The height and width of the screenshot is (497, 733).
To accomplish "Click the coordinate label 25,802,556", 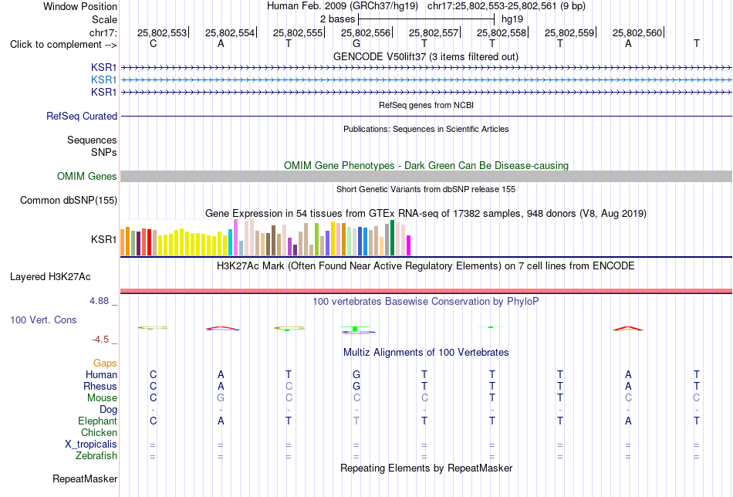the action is (x=365, y=32).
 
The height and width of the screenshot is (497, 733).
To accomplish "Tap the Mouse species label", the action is (x=102, y=398).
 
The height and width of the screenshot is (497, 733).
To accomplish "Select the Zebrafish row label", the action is (x=96, y=456).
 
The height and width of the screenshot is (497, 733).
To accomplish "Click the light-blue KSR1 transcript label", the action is (x=104, y=80).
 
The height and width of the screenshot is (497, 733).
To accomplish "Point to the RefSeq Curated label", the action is (x=82, y=116).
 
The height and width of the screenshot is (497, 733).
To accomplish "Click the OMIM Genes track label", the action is (x=87, y=176).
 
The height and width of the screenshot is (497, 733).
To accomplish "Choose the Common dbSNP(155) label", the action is (x=69, y=200).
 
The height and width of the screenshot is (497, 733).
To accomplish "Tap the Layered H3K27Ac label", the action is (x=50, y=277).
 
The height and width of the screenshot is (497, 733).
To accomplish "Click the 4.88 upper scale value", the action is (x=99, y=301).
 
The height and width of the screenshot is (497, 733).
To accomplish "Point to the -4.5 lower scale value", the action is (x=100, y=340).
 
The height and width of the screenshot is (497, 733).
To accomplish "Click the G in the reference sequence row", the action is (x=356, y=44).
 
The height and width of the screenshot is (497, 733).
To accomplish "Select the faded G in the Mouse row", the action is (x=221, y=398).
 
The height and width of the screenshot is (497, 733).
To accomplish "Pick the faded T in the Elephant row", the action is (x=356, y=421).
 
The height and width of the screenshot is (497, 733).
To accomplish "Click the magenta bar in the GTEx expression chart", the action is (x=409, y=245).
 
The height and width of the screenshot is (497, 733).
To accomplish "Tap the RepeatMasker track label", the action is (x=85, y=478).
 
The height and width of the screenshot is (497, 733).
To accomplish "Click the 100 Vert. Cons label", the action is (x=43, y=319).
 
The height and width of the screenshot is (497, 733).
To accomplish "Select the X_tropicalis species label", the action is (x=91, y=445).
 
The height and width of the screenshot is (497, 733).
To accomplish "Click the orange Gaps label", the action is (x=105, y=363).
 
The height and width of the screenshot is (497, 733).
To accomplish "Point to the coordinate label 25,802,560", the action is (x=637, y=32).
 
